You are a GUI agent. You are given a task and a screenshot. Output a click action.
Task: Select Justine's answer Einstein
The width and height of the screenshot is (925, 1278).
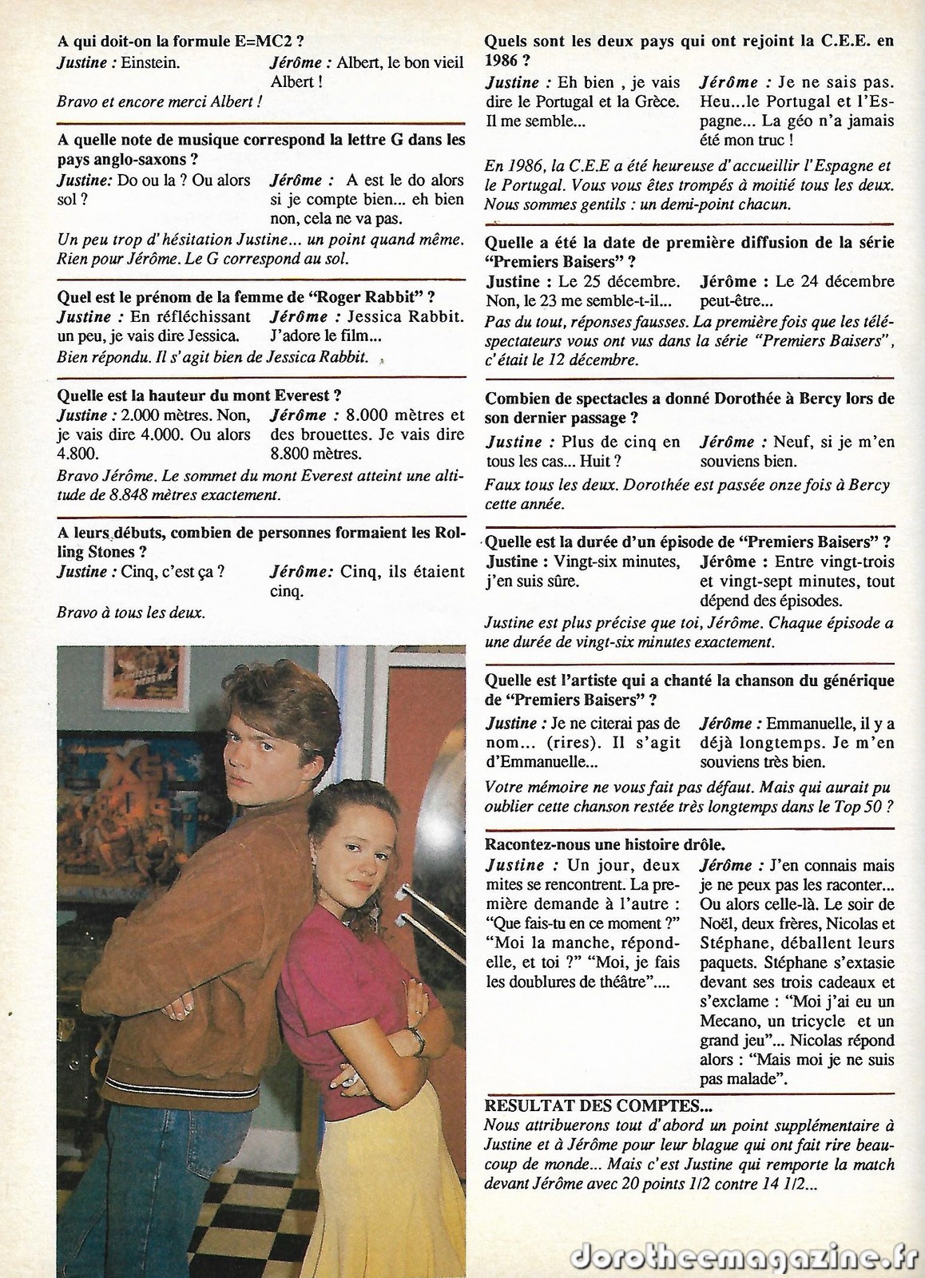coord(138,63)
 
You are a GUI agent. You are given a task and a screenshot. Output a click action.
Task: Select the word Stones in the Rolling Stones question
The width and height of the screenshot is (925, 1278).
coord(114,552)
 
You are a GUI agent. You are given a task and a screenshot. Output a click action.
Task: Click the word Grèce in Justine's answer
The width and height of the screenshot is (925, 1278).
coord(658,101)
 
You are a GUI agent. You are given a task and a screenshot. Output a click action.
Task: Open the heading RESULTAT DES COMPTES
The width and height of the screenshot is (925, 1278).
coord(598,1105)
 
